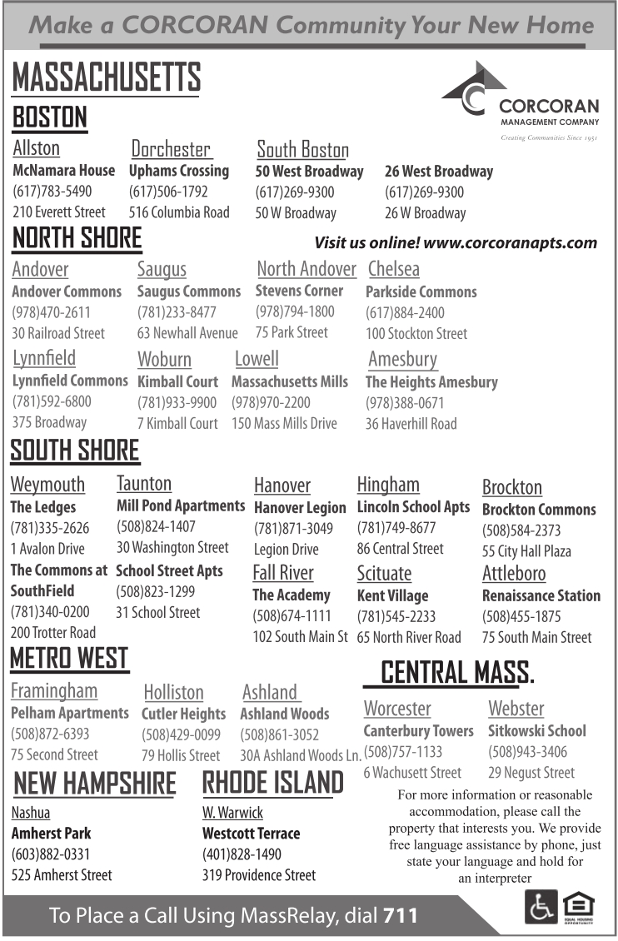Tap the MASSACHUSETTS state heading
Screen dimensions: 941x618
(106, 78)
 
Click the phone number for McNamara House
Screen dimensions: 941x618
(52, 192)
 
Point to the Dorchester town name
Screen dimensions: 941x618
(171, 149)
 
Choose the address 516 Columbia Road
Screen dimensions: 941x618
(179, 212)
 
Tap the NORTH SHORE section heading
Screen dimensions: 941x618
(77, 239)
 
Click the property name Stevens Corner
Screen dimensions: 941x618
(299, 291)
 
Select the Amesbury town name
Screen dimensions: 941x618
(402, 360)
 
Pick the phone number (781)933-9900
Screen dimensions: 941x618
(177, 402)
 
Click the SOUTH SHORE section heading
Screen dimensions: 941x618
(75, 451)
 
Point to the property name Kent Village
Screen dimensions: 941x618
(392, 595)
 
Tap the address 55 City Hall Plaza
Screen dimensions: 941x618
(526, 551)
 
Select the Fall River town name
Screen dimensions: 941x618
(283, 573)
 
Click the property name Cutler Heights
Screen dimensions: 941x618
(183, 714)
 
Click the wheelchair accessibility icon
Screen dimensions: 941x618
(540, 907)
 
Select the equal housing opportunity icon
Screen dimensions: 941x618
(580, 907)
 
